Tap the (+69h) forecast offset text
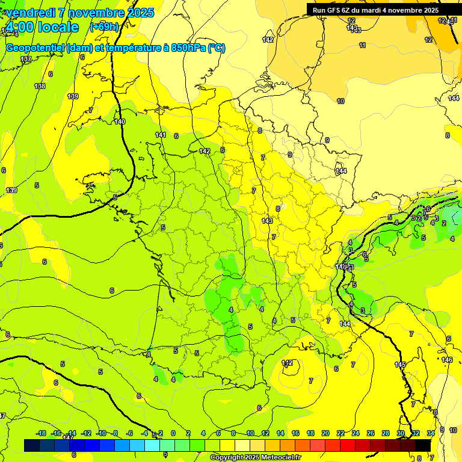[x=104, y=27]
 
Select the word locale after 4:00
[x=58, y=28]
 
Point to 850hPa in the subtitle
[x=188, y=48]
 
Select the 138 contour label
[x=40, y=86]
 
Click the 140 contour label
[x=120, y=122]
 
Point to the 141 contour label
[x=160, y=135]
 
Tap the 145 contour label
[x=400, y=365]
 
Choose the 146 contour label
[x=446, y=360]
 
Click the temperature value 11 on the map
[x=362, y=45]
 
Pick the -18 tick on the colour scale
[x=41, y=433]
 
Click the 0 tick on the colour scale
[x=173, y=433]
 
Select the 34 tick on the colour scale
[x=431, y=433]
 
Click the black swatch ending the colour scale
[x=423, y=445]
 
